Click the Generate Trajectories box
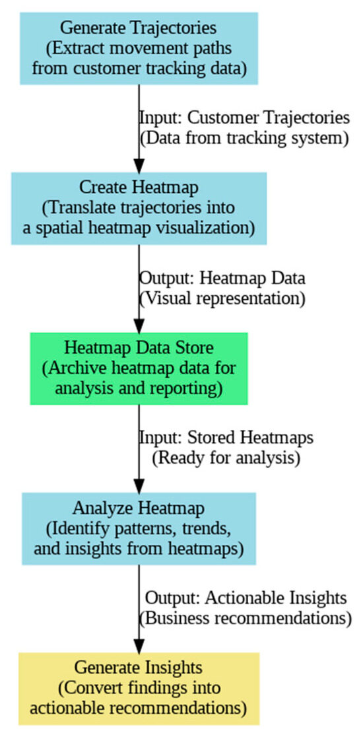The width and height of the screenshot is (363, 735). (139, 48)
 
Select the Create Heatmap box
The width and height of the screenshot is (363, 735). (139, 209)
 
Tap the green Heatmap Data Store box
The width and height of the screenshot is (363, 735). (139, 368)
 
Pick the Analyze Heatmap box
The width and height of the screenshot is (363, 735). (139, 528)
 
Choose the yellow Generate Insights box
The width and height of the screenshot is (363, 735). (139, 688)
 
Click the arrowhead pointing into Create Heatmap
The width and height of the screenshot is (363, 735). (139, 165)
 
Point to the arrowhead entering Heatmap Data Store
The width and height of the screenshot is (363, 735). (139, 325)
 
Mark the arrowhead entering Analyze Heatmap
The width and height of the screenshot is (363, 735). (139, 485)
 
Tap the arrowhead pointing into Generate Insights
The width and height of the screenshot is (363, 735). (139, 645)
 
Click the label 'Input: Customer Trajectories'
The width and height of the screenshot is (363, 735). (244, 118)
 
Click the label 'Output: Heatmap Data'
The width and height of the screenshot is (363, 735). (222, 278)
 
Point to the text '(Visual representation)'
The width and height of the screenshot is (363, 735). (222, 297)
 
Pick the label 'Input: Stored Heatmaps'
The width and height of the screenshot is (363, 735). (226, 438)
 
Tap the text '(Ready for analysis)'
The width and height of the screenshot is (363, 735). (226, 457)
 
